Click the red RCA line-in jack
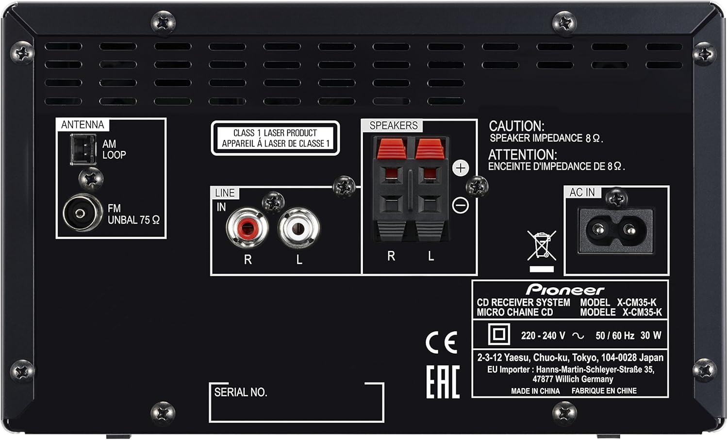[x=247, y=227]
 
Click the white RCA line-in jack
[x=298, y=227]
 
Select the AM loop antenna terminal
[x=83, y=148]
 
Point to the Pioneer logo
[x=565, y=290]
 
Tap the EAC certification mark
[x=443, y=382]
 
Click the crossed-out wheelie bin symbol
[x=542, y=246]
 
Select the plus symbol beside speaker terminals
[x=460, y=168]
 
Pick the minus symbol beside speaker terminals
[x=460, y=205]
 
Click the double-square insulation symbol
[x=498, y=334]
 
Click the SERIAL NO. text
[x=241, y=392]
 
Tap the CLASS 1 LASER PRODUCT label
[x=275, y=138]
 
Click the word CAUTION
[x=516, y=126]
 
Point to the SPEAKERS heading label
[x=393, y=126]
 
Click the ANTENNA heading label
[x=83, y=125]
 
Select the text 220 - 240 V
[x=543, y=336]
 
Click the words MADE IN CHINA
[x=535, y=391]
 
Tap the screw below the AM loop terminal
[x=91, y=179]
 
